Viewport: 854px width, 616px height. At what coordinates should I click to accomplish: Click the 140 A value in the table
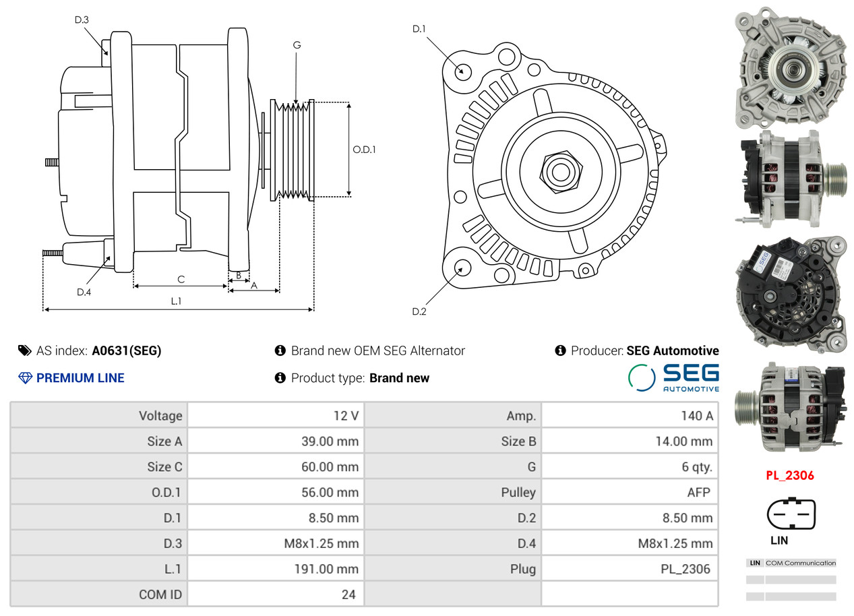point(696,416)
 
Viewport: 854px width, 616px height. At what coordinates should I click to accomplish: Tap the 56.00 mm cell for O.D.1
point(330,492)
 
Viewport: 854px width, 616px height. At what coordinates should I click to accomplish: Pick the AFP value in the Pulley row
point(698,492)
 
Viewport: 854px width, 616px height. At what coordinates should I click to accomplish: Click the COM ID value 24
point(348,594)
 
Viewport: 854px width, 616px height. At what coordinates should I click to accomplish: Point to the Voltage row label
point(160,416)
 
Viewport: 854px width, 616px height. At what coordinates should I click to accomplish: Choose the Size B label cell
point(518,441)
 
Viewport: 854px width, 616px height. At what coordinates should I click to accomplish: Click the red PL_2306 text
point(789,475)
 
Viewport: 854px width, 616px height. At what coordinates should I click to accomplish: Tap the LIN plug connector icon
point(791,514)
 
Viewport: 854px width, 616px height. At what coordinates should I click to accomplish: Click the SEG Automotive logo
point(673,377)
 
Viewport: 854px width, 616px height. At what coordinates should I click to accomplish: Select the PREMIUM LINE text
point(80,378)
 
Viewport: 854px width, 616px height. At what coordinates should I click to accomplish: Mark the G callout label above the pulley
point(297,45)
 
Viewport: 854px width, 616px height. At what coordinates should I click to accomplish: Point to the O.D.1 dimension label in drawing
point(364,150)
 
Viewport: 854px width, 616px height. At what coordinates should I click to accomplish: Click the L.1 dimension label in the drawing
point(175,301)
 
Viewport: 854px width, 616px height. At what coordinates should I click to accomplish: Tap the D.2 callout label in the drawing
point(419,311)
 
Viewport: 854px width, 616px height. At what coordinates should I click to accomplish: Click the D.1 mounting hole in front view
point(462,70)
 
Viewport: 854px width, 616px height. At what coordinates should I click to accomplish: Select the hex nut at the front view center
point(559,171)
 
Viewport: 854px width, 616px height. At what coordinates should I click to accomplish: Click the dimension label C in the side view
point(181,279)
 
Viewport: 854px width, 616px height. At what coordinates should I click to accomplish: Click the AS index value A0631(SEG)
point(126,350)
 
